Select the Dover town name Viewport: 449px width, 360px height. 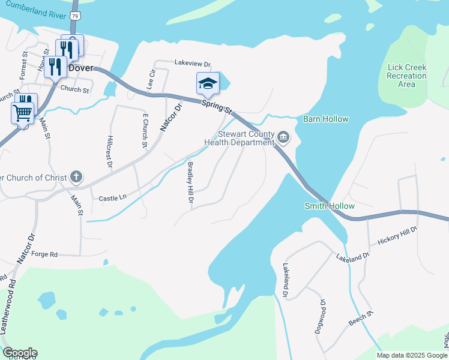[x=81, y=68]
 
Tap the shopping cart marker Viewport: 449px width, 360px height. [x=23, y=112]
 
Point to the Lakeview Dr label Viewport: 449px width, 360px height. [x=193, y=63]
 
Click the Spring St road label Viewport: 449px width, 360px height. [x=216, y=108]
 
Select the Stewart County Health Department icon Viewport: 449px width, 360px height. [x=283, y=139]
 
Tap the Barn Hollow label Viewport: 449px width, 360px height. [x=325, y=119]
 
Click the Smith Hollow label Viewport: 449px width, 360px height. [x=330, y=206]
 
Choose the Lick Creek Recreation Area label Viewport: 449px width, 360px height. [x=406, y=76]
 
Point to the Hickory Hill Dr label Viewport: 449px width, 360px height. [x=397, y=235]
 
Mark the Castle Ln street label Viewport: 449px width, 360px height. [x=113, y=197]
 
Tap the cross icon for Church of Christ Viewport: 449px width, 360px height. [x=76, y=177]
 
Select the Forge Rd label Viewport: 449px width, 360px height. [x=44, y=254]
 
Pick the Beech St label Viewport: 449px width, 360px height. [x=362, y=319]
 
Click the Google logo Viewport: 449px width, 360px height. [x=20, y=353]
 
